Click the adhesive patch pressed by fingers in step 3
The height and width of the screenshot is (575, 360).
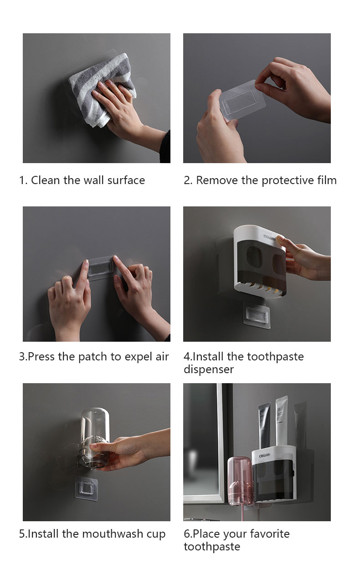point(101,267)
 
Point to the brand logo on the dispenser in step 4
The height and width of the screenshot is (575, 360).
point(269,237)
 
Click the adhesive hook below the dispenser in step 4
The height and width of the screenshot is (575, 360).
point(257,315)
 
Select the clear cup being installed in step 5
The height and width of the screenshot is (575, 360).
point(95,438)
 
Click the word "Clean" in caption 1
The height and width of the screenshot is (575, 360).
point(46,180)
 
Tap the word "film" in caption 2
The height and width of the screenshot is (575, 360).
point(327,180)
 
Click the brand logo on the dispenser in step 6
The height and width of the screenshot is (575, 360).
point(264,456)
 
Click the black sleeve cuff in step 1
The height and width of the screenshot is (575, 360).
point(165,147)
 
